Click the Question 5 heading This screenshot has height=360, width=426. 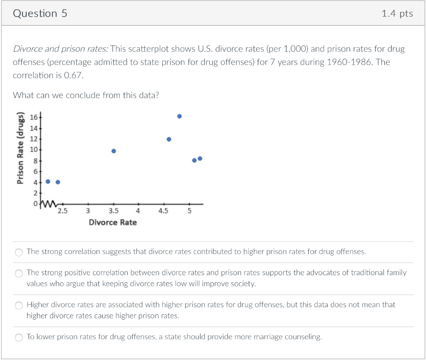40,14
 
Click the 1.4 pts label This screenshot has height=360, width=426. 397,14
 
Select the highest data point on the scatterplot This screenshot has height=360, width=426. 179,116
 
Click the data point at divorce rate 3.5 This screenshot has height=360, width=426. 114,151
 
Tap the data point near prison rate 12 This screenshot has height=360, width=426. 169,139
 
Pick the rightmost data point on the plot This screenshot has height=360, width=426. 200,158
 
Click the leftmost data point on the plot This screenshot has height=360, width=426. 48,182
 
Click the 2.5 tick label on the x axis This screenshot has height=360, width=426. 62,211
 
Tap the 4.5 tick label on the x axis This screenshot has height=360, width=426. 163,211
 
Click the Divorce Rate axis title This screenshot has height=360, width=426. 113,222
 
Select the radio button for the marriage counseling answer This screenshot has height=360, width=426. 19,338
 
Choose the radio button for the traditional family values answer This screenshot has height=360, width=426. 19,274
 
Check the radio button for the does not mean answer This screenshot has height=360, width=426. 19,306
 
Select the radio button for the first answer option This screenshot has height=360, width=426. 19,252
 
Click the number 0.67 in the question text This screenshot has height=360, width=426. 75,76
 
